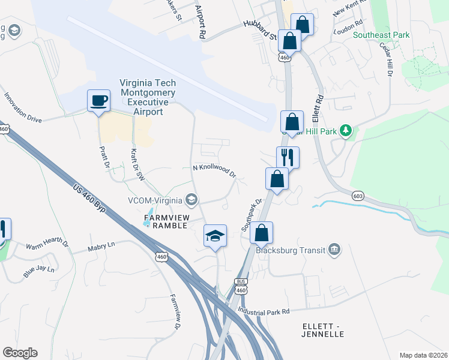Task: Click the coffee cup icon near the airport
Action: [98, 100]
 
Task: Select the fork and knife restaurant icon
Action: [288, 158]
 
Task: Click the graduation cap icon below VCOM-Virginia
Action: [215, 235]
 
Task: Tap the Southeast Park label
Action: [381, 35]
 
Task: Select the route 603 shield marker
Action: [358, 196]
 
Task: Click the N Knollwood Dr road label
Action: [214, 170]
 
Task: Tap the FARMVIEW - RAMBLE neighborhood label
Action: [164, 220]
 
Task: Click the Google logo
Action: [20, 352]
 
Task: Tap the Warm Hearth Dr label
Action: [47, 245]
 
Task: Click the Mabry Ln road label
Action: [101, 245]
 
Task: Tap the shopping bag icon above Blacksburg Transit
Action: [262, 233]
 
